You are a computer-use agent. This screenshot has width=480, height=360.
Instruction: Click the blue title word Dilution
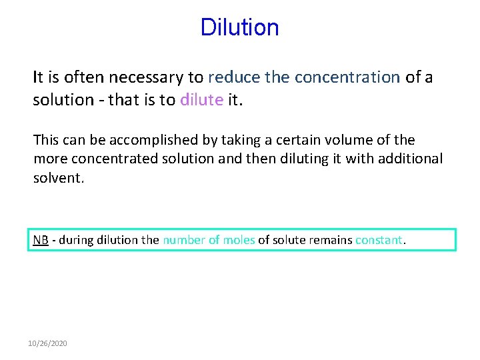(x=239, y=27)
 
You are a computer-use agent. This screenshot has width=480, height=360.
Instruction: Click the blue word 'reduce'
(x=234, y=77)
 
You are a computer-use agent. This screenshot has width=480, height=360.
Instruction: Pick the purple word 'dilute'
(x=201, y=100)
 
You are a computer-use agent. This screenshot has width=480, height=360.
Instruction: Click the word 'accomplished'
(x=132, y=140)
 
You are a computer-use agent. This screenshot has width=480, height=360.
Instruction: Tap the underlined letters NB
(x=41, y=240)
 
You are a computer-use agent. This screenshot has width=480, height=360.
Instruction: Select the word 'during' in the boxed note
(x=75, y=240)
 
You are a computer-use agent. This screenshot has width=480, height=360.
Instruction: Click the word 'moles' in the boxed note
(x=239, y=240)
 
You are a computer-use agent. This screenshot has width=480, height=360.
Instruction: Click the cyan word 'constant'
(x=379, y=240)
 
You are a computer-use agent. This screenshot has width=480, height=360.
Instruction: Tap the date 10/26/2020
(x=47, y=343)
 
